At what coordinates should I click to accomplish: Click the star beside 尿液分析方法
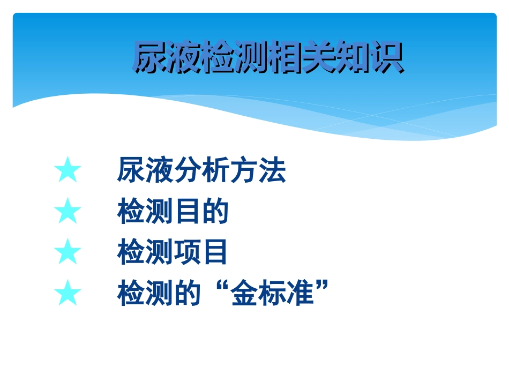coord(68,171)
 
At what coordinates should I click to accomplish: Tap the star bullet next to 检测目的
coord(68,212)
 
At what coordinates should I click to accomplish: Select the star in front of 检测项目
coord(68,252)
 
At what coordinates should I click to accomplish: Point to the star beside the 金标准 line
coord(68,294)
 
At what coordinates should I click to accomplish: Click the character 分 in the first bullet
coord(187,171)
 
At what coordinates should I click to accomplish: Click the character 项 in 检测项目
coord(187,252)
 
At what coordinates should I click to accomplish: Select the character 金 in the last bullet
coord(243,294)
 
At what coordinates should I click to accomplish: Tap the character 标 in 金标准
coord(272,294)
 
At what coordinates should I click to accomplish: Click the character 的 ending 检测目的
coord(215,212)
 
